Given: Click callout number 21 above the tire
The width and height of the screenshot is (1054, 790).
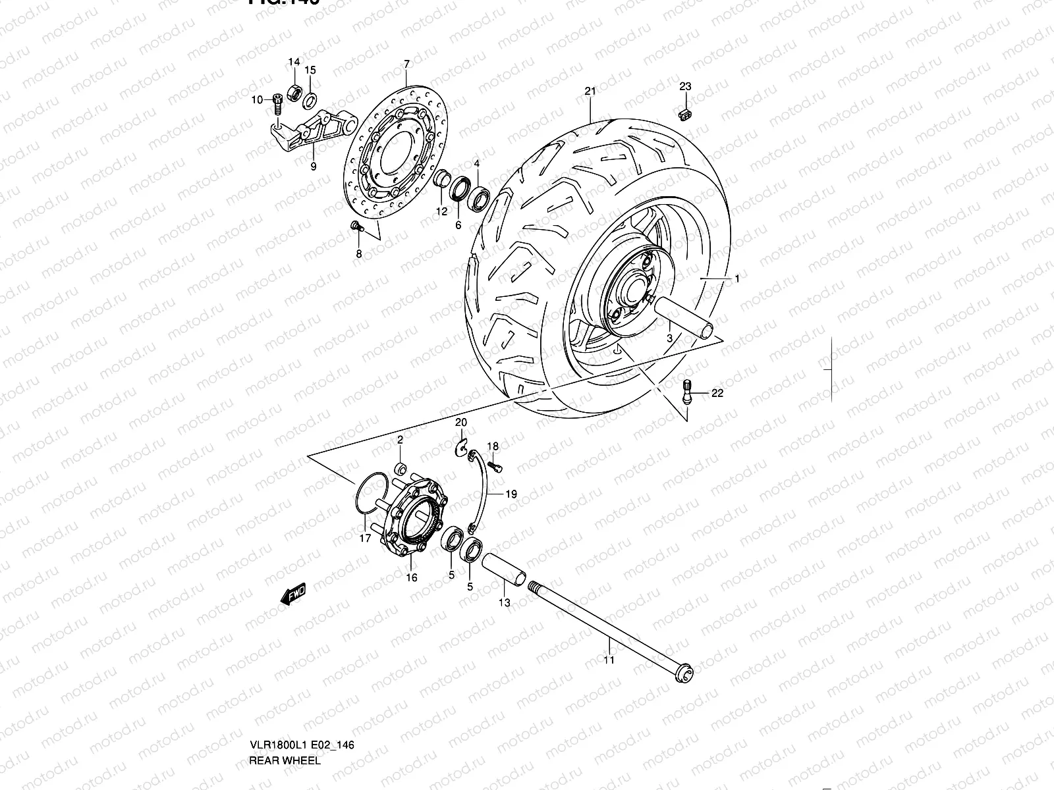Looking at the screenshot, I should [589, 91].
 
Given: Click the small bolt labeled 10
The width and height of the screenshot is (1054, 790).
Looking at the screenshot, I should [277, 101].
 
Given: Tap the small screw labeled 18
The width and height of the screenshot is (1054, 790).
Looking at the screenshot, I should [497, 465].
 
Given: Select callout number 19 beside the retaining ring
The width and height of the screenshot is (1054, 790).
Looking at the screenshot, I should [511, 494].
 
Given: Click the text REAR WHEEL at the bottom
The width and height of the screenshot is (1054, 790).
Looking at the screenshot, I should [285, 760].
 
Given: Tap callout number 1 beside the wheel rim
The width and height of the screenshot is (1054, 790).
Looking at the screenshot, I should [736, 279].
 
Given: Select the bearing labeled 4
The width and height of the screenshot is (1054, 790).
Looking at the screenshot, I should [478, 198].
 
